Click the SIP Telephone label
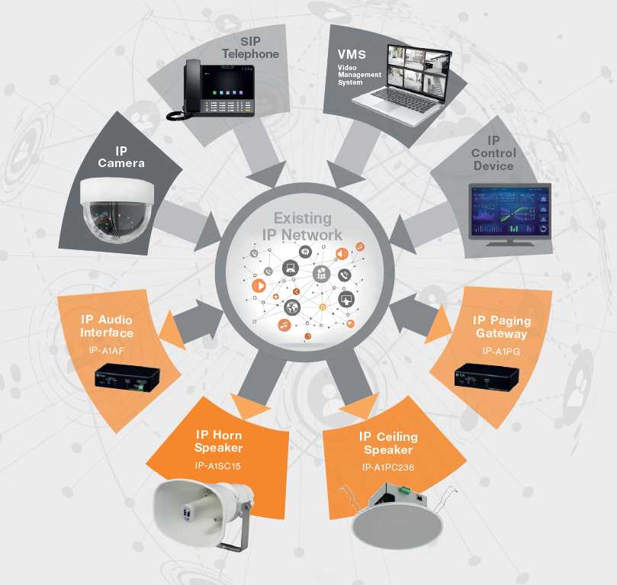(x=250, y=47)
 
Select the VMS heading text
(x=352, y=54)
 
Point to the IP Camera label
(x=121, y=157)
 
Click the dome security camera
(x=117, y=209)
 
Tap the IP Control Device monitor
(x=510, y=214)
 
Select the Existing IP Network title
(x=302, y=227)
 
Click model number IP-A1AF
(x=106, y=350)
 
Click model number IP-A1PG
(x=501, y=351)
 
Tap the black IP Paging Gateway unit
(x=487, y=378)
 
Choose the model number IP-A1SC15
(x=217, y=466)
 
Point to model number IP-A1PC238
(x=388, y=468)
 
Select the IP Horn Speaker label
(x=218, y=441)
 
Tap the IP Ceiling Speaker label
(x=388, y=443)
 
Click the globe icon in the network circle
(x=292, y=307)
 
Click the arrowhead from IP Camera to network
(x=208, y=231)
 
